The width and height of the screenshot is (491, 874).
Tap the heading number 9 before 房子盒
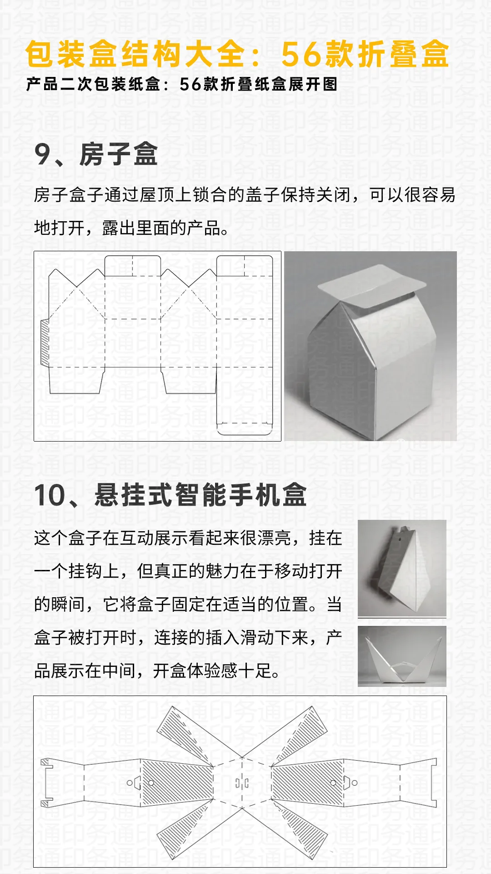[43, 154]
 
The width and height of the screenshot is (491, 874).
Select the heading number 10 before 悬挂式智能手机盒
[50, 495]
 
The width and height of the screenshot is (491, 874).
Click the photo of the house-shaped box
[370, 346]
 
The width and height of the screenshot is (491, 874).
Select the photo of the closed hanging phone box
[402, 569]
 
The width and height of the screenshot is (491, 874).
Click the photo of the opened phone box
[402, 656]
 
